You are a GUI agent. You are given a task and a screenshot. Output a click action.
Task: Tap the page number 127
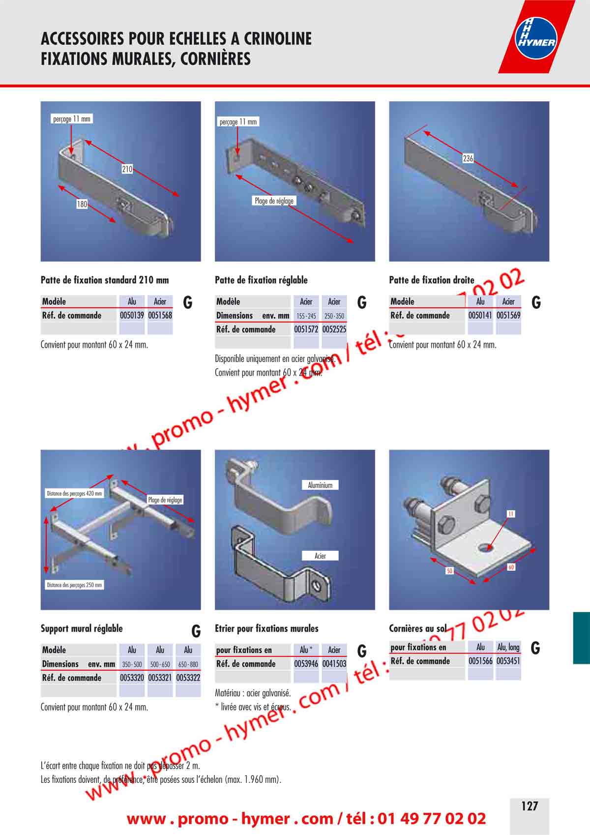530,806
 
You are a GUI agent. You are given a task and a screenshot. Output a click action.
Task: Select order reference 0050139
132,316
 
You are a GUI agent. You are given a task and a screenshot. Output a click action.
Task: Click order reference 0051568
160,316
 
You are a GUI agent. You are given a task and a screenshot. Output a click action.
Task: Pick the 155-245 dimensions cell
306,316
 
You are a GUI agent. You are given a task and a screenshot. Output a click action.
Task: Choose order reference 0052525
334,329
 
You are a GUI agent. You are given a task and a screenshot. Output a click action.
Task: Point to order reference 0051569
508,316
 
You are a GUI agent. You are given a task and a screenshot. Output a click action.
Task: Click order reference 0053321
160,678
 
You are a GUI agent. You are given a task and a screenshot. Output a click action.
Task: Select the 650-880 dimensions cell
188,664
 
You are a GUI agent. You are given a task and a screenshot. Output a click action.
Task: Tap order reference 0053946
306,664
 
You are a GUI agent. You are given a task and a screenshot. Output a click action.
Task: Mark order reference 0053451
508,661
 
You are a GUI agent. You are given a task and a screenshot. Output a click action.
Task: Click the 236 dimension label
468,158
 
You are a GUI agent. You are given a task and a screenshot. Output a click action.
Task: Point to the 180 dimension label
82,204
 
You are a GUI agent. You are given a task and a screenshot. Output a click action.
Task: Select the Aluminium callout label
320,485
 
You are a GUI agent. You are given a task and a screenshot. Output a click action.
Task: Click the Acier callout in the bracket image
320,556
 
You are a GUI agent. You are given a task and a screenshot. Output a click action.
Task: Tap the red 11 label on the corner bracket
511,514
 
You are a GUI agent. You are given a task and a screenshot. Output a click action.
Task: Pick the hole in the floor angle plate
485,547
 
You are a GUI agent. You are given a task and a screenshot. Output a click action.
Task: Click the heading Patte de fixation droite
431,280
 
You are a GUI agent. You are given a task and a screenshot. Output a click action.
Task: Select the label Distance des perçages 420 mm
74,494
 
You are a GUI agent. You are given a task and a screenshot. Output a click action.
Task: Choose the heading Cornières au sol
417,628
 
